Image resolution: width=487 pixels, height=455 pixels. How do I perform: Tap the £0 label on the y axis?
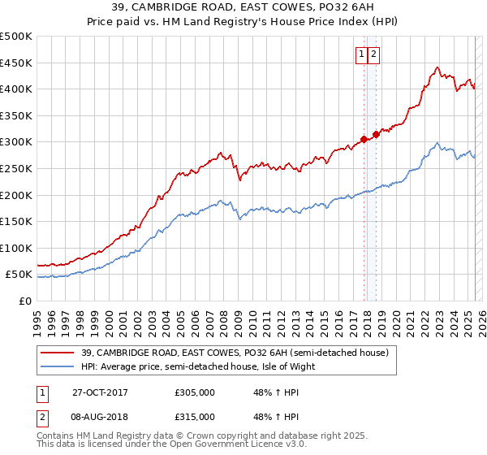click(26, 301)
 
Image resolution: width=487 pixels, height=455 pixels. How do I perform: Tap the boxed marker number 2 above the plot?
click(373, 55)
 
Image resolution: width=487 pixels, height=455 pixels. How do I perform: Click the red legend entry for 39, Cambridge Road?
click(235, 353)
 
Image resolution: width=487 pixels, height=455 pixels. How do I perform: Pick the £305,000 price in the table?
click(195, 392)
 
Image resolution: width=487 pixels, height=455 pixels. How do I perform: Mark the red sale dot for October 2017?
click(364, 139)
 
